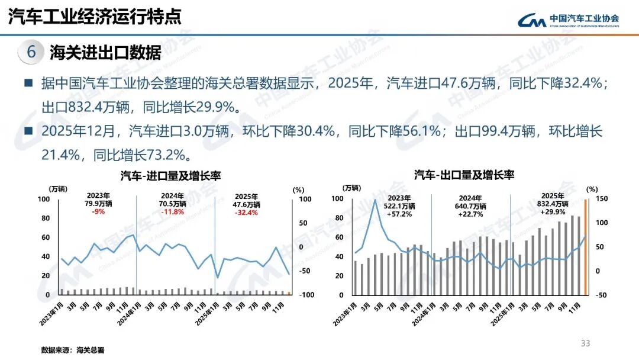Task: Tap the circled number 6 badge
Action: click(31, 52)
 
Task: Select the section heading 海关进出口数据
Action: click(105, 52)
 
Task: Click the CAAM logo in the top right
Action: click(568, 20)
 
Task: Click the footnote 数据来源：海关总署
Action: click(69, 350)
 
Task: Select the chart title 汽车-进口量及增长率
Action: click(166, 176)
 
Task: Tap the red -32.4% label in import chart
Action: click(246, 213)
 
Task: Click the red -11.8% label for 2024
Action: click(173, 213)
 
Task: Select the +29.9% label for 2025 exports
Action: click(552, 211)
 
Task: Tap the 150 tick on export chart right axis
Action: click(601, 198)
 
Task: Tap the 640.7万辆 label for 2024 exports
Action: click(472, 205)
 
